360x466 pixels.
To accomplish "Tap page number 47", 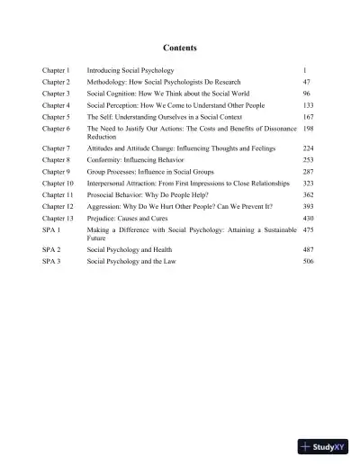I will click(x=308, y=81).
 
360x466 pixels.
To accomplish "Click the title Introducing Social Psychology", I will click(x=136, y=69).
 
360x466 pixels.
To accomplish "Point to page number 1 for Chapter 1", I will click(x=306, y=69).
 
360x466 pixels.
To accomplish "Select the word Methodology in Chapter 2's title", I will click(x=109, y=81).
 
